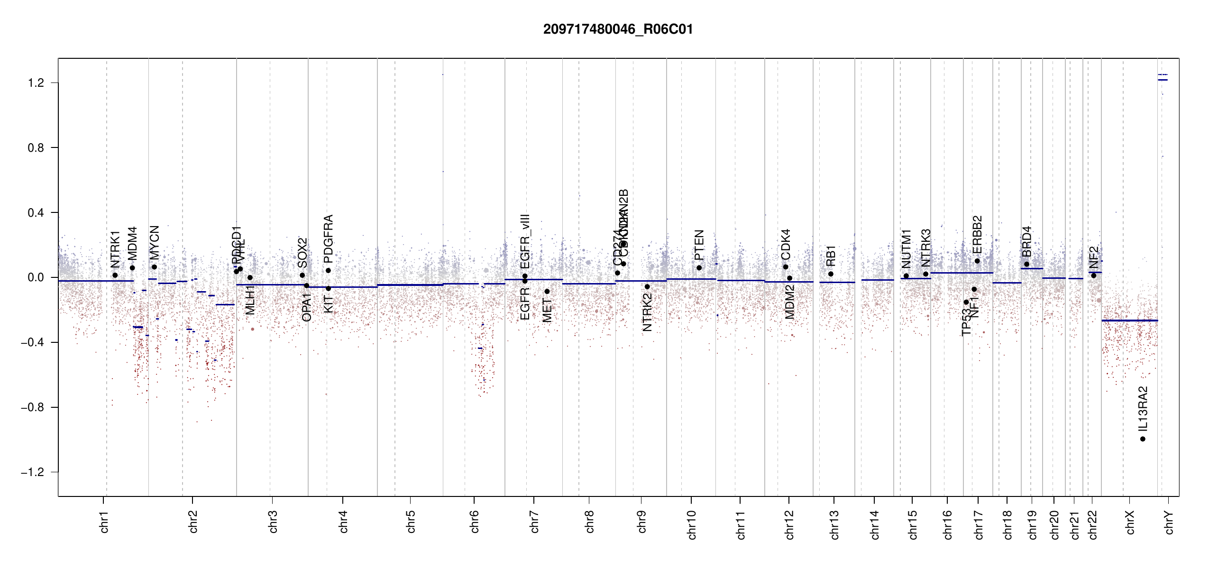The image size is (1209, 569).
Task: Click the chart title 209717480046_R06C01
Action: [x=618, y=29]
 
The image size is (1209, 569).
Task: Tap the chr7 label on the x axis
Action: [x=534, y=522]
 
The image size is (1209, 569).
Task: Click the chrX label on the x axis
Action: [x=1130, y=522]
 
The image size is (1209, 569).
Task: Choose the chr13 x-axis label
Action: [x=834, y=524]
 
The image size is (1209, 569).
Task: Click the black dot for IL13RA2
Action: [x=1143, y=439]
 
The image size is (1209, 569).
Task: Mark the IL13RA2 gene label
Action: [x=1143, y=409]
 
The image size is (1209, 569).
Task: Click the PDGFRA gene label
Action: [x=328, y=239]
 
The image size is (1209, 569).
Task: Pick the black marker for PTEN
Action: [x=699, y=268]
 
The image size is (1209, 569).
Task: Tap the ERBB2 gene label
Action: [x=977, y=235]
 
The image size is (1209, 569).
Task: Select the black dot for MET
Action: [x=547, y=292]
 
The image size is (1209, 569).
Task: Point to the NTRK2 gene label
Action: [x=647, y=312]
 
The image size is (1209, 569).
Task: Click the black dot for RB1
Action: [x=831, y=274]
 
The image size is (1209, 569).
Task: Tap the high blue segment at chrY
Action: [x=1163, y=80]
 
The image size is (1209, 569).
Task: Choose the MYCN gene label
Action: [x=154, y=242]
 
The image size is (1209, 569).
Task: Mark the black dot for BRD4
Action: [x=1026, y=265]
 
